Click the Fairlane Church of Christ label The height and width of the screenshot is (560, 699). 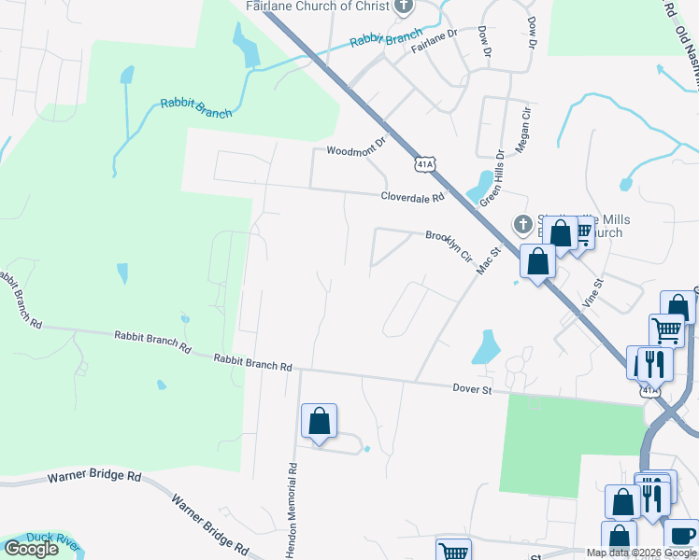coord(317,7)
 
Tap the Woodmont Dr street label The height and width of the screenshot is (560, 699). coord(356,149)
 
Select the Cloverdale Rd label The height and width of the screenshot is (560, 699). coord(412,197)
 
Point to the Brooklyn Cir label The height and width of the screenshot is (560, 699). coord(449,245)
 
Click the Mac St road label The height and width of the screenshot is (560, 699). coord(490,259)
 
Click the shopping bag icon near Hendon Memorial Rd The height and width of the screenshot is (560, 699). coord(320,421)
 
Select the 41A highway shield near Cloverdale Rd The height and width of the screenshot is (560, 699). coord(425,164)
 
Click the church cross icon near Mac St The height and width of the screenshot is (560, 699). coord(523,224)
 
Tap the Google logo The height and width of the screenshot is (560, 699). coord(30,549)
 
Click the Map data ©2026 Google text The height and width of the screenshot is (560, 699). coord(641,553)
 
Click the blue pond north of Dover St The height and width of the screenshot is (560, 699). coord(486,347)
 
